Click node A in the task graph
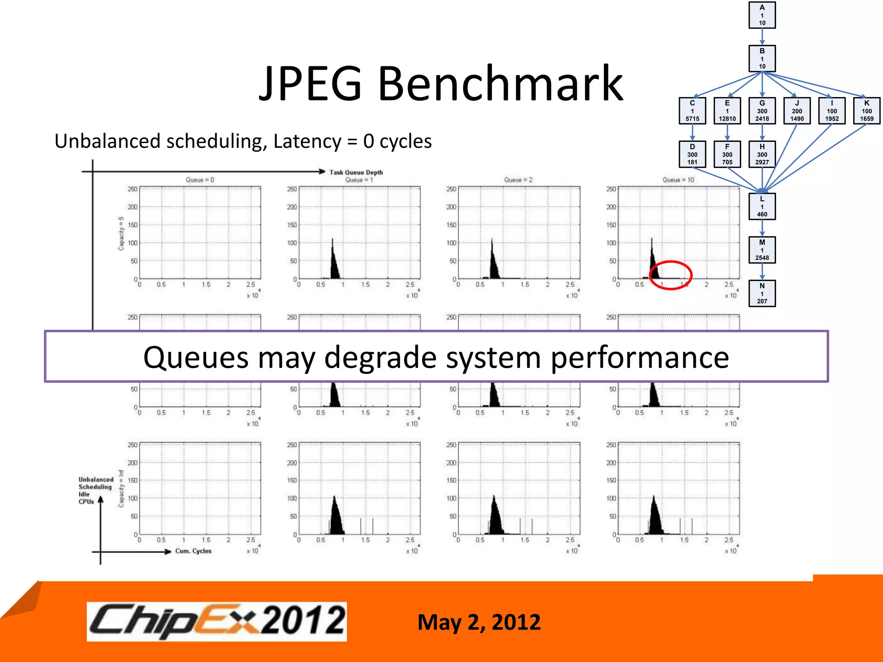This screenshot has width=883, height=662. click(762, 15)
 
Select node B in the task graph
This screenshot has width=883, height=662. click(762, 59)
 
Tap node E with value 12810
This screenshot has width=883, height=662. click(727, 111)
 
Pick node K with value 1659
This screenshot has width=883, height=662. click(867, 111)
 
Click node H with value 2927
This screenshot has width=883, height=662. click(762, 154)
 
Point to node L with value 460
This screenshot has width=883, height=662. click(762, 206)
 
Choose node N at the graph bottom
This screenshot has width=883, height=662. click(762, 294)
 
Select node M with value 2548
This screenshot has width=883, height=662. click(762, 250)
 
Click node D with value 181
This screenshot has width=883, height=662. click(692, 154)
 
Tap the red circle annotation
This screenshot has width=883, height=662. click(670, 275)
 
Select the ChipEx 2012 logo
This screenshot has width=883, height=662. click(217, 621)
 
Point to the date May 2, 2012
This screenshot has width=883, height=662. click(479, 622)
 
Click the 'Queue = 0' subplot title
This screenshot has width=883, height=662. click(200, 180)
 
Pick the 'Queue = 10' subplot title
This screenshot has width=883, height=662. click(678, 180)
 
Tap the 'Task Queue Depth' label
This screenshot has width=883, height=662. click(356, 172)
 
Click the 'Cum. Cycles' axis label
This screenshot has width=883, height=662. click(193, 551)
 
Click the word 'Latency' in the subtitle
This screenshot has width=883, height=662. click(307, 141)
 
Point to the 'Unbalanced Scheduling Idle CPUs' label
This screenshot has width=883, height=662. click(95, 490)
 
